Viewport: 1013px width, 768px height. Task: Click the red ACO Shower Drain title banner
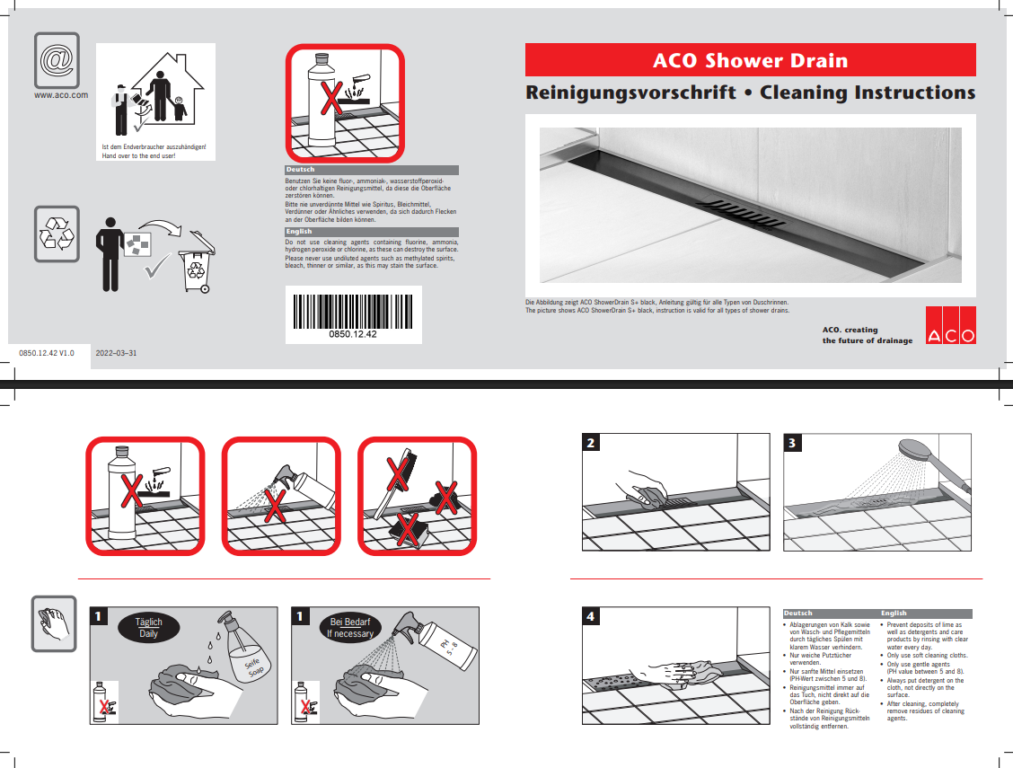point(750,60)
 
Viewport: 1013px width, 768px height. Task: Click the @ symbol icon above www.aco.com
point(57,59)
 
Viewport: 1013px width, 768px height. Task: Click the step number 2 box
point(591,443)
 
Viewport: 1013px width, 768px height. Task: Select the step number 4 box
point(591,616)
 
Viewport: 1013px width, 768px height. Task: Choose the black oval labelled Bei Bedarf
point(351,627)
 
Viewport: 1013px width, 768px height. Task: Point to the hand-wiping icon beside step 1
point(56,622)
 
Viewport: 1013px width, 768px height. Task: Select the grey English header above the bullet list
point(925,614)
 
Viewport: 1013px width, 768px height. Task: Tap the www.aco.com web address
point(61,94)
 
